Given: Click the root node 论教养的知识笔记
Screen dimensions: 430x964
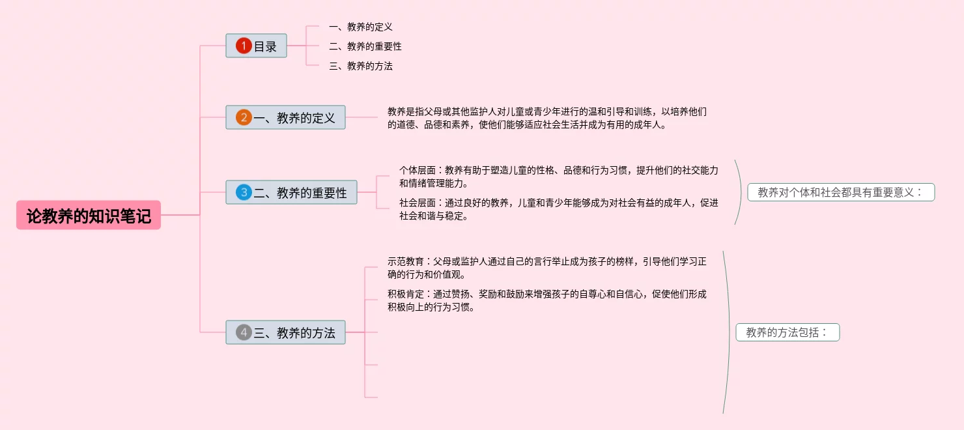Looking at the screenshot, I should click(x=89, y=216).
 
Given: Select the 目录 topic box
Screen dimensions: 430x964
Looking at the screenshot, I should click(x=256, y=46).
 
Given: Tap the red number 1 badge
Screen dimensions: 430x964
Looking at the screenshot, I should click(x=244, y=46).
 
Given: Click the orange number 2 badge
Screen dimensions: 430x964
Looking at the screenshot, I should click(x=244, y=117).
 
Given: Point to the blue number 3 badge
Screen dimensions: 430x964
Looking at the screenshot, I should click(x=244, y=192).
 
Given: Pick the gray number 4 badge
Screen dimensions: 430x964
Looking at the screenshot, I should click(x=244, y=332).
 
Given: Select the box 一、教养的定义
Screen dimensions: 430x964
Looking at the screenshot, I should click(x=285, y=117).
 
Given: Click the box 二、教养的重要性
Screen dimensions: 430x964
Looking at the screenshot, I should click(x=291, y=192).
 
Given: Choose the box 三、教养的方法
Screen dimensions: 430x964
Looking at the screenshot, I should click(x=285, y=332).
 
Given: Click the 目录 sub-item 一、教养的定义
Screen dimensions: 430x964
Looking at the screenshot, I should click(x=361, y=27).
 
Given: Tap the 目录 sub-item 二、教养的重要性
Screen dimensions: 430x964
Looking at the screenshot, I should click(x=365, y=46).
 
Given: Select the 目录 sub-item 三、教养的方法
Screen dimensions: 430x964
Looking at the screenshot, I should click(x=361, y=66).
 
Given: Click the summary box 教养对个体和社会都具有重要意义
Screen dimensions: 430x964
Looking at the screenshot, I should click(x=841, y=192).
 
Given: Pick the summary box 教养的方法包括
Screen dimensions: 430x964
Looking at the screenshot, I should click(x=787, y=332).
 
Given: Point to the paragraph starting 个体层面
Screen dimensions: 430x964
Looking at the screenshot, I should click(x=558, y=177).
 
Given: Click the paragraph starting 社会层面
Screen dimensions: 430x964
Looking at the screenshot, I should click(x=558, y=209).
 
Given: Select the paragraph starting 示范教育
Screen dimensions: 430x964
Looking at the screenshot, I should click(x=546, y=268).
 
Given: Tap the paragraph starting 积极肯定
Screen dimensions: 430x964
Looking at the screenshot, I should click(x=546, y=300).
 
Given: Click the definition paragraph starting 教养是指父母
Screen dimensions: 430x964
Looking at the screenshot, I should click(x=546, y=118).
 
